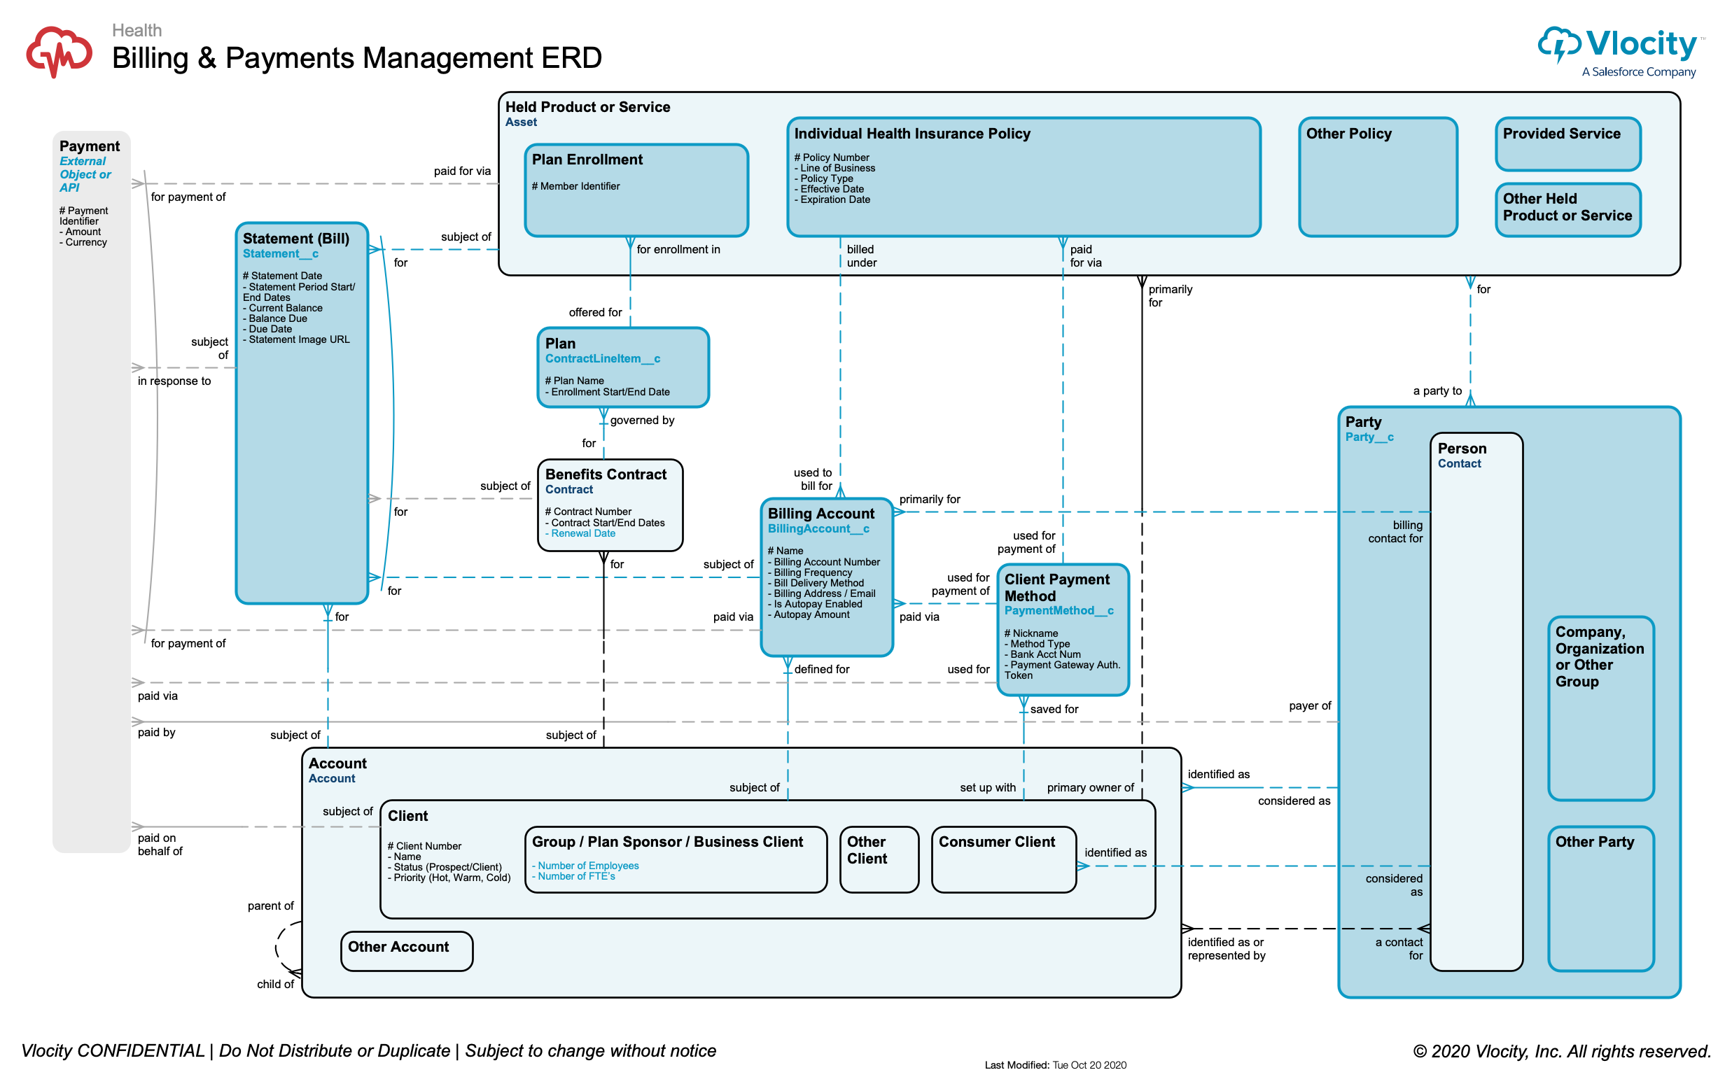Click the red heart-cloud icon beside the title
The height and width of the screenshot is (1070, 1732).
click(x=60, y=51)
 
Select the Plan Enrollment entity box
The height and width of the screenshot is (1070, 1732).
click(x=636, y=190)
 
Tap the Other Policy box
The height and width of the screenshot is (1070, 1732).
click(x=1376, y=177)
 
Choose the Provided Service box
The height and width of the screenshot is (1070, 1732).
click(x=1567, y=143)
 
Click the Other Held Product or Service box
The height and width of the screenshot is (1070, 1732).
click(x=1567, y=209)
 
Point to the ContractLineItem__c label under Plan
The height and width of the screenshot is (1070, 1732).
click(x=602, y=359)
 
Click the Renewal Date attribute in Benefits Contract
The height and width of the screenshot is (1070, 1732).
click(x=582, y=533)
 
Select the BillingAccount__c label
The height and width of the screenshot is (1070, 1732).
click(x=818, y=528)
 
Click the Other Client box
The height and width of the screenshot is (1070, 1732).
click(x=879, y=859)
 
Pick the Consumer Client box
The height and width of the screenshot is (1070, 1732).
click(x=1003, y=859)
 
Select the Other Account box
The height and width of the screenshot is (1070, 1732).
click(x=406, y=950)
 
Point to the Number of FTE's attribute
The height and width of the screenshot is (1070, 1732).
click(x=576, y=876)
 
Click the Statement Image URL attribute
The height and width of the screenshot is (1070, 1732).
click(x=299, y=339)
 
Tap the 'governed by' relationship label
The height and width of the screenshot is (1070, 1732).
click(x=642, y=421)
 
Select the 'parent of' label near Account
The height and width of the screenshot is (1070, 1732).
click(x=270, y=906)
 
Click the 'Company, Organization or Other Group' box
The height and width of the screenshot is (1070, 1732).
click(x=1600, y=708)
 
